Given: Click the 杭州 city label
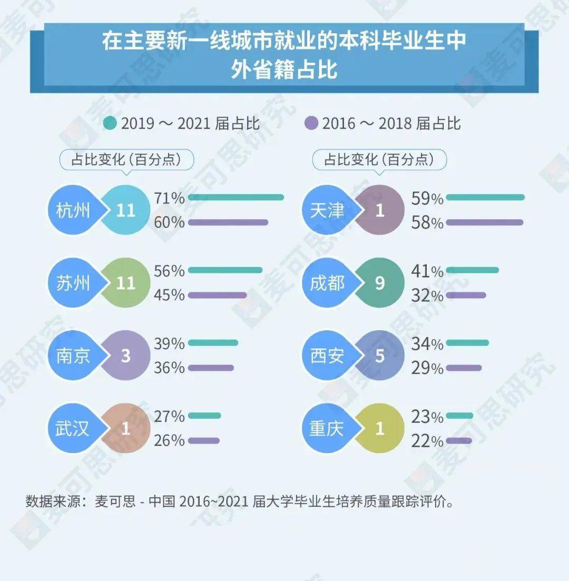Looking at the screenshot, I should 73,211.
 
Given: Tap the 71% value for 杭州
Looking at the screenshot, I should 169,198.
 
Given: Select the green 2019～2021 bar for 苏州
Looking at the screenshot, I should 225,270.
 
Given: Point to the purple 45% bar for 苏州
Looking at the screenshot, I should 217,295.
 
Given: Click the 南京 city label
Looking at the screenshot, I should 73,356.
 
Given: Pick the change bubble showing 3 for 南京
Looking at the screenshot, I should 125,356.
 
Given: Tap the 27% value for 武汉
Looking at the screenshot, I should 169,416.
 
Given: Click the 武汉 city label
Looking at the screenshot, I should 73,429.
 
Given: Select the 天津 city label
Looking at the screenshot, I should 327,211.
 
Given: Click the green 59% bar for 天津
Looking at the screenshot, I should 485,198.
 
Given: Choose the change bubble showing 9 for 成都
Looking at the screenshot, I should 380,283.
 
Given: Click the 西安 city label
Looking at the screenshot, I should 327,356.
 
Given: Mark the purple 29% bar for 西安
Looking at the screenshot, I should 464,368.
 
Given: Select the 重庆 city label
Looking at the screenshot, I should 327,429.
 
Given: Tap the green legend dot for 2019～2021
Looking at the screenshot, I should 110,123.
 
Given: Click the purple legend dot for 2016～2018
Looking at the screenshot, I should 311,123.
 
